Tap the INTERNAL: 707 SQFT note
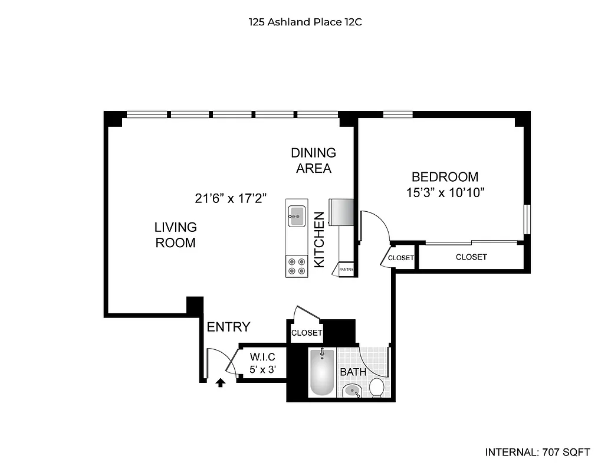coord(537,453)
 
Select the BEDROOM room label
coord(445,176)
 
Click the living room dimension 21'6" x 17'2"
coord(231,198)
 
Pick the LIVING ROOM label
coord(175,235)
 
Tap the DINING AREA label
coord(313,160)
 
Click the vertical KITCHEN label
coord(319,240)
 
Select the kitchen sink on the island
coord(296,213)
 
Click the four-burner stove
coord(296,267)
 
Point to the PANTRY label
coord(346,270)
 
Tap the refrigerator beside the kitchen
coord(341,212)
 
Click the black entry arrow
coord(221,383)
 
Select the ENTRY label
coord(228,327)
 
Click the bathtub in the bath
coord(322,373)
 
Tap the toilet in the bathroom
coord(376,388)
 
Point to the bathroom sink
coord(353,390)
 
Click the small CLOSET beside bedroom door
coord(401,258)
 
